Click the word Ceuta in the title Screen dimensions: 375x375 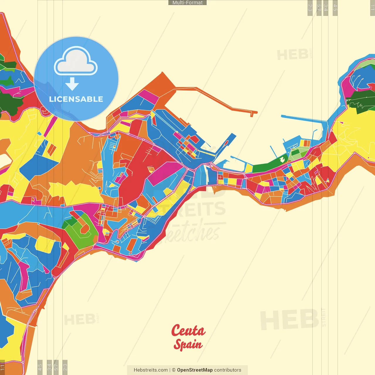point(188,330)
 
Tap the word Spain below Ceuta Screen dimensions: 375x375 point(188,345)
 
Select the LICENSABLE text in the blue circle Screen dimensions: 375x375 point(76,99)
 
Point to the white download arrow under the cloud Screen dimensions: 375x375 point(72,84)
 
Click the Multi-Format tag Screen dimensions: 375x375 point(187,3)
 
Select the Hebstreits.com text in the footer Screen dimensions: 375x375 point(151,370)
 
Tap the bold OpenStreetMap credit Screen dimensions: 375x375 point(195,370)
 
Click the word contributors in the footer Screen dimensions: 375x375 point(228,370)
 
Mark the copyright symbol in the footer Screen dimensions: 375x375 point(174,370)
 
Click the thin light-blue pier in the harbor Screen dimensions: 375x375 point(303,118)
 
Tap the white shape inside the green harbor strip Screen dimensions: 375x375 point(282,159)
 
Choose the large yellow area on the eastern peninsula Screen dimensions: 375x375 point(352,132)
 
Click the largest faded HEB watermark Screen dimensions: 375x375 point(289,319)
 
